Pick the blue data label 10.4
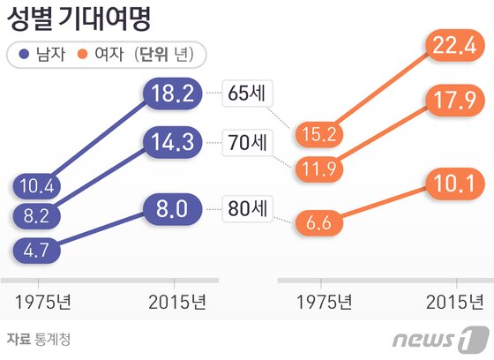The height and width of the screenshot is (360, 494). [x=36, y=186]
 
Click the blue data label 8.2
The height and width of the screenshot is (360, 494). [x=36, y=214]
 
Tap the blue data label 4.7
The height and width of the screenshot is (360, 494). [x=36, y=250]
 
